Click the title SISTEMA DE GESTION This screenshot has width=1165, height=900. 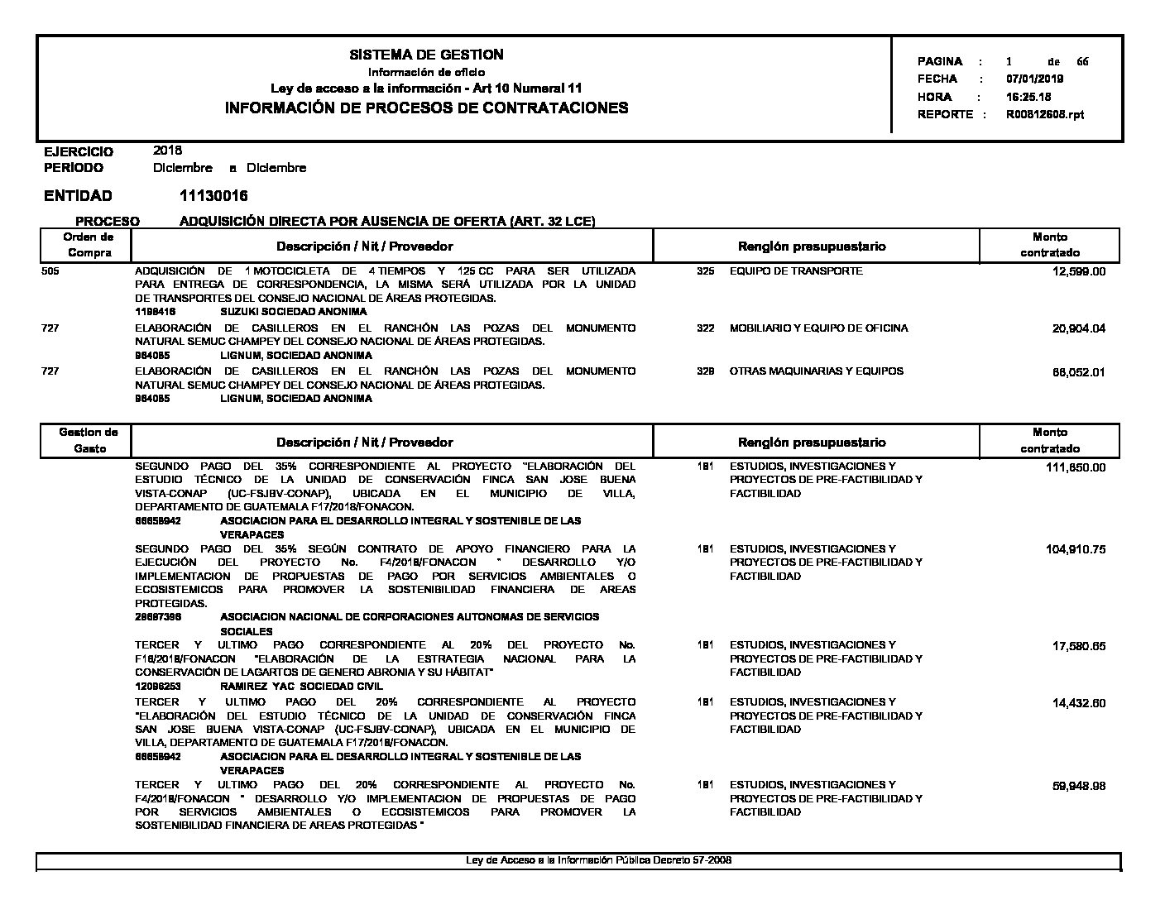click(426, 55)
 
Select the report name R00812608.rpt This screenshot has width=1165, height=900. click(1044, 114)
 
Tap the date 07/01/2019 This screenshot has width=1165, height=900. click(1034, 79)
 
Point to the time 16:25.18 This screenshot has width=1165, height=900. click(1028, 97)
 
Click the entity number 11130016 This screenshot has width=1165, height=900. click(213, 196)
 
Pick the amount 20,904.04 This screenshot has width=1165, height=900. click(1078, 328)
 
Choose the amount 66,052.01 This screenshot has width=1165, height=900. click(1078, 371)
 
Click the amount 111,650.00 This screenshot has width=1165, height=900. click(1076, 467)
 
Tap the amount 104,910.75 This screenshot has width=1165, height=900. click(1076, 549)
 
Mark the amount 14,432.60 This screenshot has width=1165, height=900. click(1078, 703)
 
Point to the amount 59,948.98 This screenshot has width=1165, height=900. click(1078, 786)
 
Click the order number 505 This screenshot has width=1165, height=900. click(50, 271)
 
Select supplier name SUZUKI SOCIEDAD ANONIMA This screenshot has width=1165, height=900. click(294, 312)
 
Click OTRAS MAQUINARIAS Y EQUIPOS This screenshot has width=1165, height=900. click(816, 371)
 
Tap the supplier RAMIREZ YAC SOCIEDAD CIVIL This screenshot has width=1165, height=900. click(301, 686)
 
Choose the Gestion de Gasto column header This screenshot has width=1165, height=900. click(89, 440)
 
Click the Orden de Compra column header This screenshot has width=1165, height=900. click(89, 245)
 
